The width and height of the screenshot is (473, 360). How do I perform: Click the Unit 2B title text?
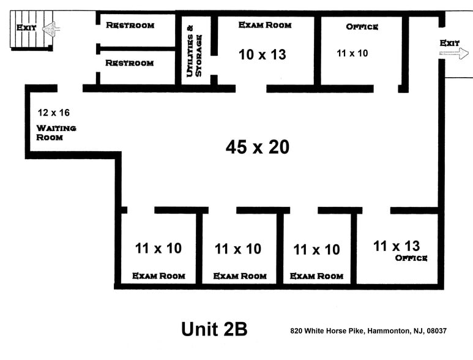214,329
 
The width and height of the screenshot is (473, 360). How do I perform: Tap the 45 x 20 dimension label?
257,147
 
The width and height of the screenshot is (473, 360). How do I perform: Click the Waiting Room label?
56,132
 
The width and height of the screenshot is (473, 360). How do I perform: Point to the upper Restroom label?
130,25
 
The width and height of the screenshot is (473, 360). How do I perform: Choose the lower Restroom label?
129,63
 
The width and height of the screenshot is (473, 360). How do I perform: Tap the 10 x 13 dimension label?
262,54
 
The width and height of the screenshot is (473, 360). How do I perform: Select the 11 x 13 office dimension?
397,246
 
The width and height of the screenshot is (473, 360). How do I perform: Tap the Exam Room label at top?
264,25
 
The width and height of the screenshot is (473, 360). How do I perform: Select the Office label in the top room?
362,27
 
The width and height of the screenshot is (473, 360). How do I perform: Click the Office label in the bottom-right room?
411,258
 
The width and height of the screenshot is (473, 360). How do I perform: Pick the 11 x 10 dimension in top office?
352,53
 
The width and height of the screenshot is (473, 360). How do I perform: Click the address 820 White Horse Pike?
327,331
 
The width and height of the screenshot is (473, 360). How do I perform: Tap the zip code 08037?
436,331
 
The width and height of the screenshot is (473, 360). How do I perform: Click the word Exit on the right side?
450,43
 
